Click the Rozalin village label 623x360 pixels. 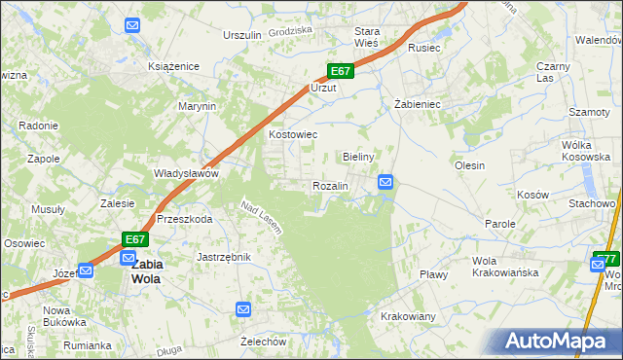tap(330, 186)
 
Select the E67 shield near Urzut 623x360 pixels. tap(339, 71)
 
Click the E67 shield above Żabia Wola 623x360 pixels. tap(135, 239)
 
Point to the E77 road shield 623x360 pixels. tap(606, 258)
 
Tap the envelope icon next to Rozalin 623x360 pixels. tap(385, 182)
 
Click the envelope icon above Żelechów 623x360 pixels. tap(243, 309)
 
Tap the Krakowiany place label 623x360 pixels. tap(408, 317)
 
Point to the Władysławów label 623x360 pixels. tap(186, 173)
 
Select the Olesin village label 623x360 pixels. tap(469, 165)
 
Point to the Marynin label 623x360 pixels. tap(196, 106)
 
